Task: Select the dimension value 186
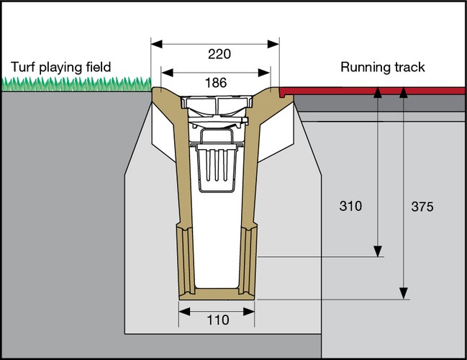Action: click(x=215, y=83)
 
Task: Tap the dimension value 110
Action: click(x=217, y=320)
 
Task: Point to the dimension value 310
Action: click(x=350, y=207)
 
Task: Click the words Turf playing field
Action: click(x=60, y=68)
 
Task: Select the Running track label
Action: click(x=382, y=68)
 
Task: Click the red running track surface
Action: click(x=374, y=91)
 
